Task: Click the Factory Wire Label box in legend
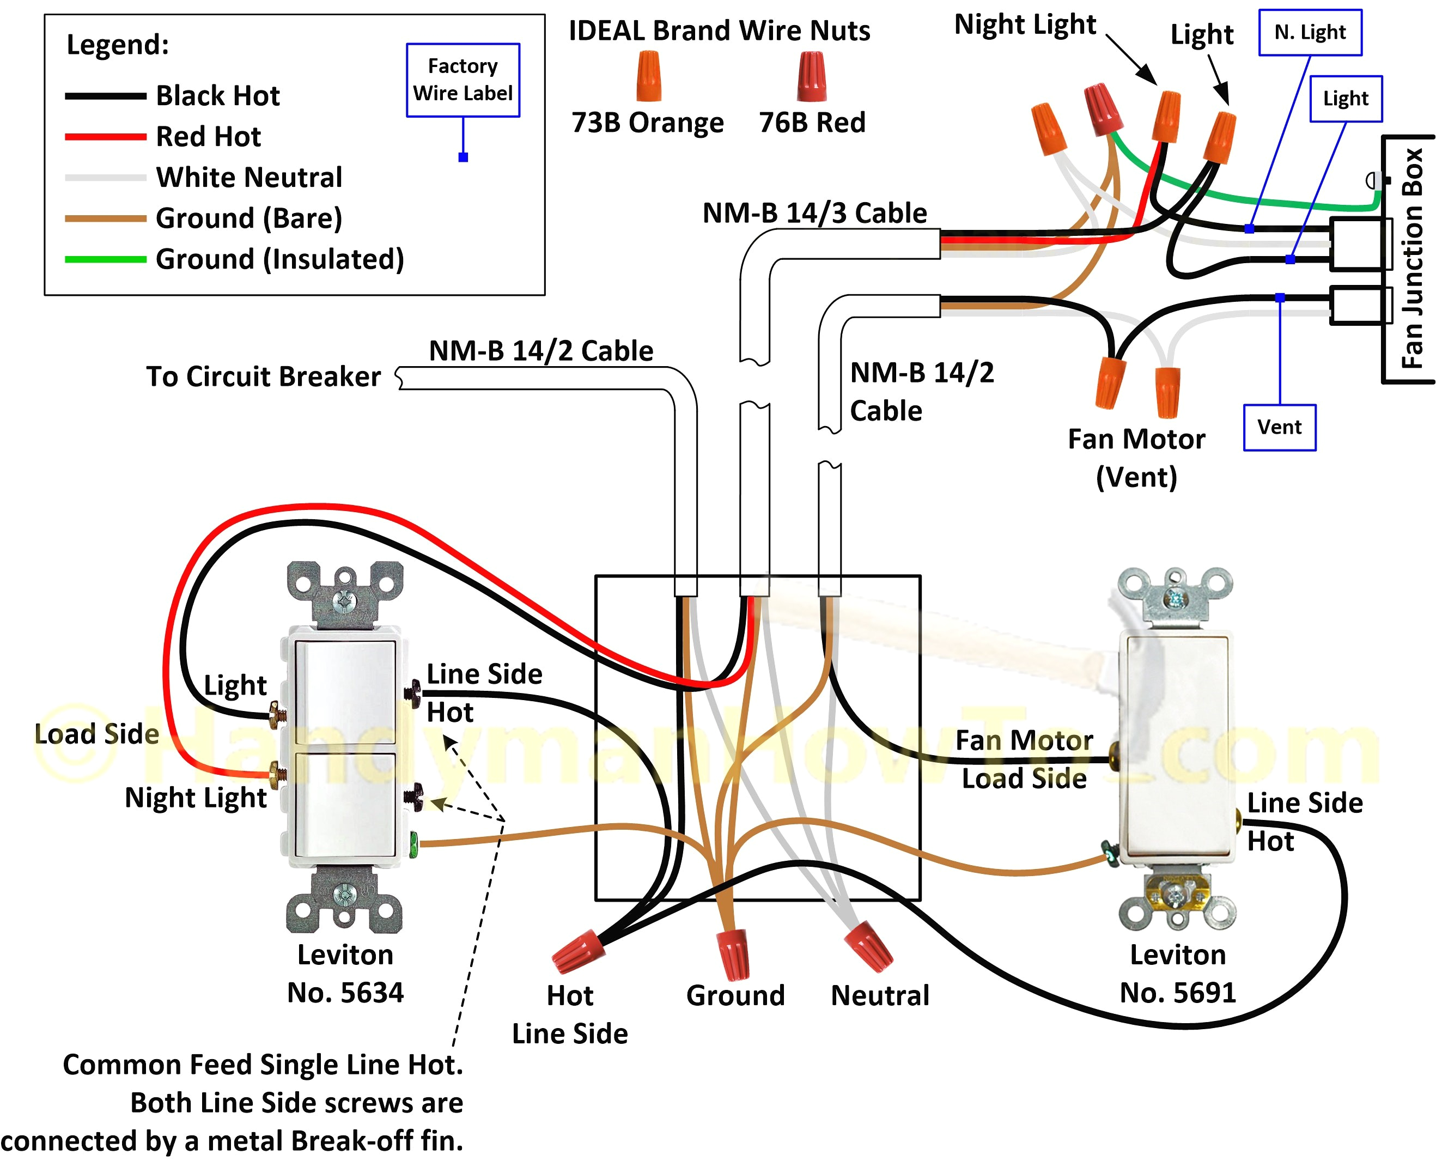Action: pyautogui.click(x=463, y=80)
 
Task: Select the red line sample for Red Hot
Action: pyautogui.click(x=105, y=136)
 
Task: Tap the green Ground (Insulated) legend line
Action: pyautogui.click(x=105, y=259)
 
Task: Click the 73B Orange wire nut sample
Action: pyautogui.click(x=648, y=76)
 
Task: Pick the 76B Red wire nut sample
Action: pyautogui.click(x=811, y=76)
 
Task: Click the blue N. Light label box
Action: pyautogui.click(x=1310, y=32)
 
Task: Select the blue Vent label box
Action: pyautogui.click(x=1279, y=427)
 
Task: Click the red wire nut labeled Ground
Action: pyautogui.click(x=733, y=953)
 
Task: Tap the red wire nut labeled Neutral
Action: pyautogui.click(x=868, y=946)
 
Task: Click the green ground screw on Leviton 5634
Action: pyautogui.click(x=414, y=844)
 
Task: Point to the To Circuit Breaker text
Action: pyautogui.click(x=264, y=376)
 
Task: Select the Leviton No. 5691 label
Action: pyautogui.click(x=1177, y=974)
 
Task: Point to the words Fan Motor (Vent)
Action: pyautogui.click(x=1136, y=458)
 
